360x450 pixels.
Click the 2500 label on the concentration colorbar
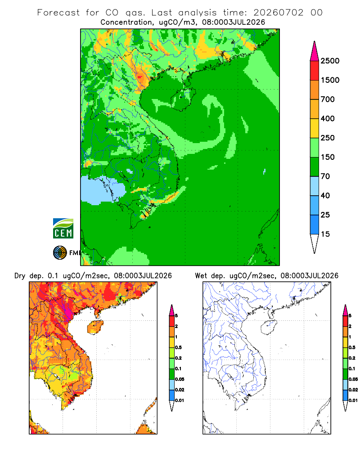click(330, 61)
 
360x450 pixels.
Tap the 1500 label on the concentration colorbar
click(330, 80)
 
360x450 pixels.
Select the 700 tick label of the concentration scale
click(328, 99)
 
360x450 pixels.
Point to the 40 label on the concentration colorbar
click(325, 195)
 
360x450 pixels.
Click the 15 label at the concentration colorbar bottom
click(325, 234)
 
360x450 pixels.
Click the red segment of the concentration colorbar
click(315, 71)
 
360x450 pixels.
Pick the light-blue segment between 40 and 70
click(315, 186)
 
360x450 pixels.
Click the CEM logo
click(63, 229)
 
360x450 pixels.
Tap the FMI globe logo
click(60, 253)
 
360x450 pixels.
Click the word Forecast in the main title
click(58, 13)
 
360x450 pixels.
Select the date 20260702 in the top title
click(278, 13)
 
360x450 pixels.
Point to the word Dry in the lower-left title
click(20, 276)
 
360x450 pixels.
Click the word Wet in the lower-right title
click(201, 276)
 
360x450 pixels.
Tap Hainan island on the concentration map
click(183, 99)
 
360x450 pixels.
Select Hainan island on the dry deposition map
click(95, 328)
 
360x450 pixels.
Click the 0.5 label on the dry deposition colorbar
click(178, 347)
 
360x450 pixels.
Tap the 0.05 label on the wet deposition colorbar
click(353, 379)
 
